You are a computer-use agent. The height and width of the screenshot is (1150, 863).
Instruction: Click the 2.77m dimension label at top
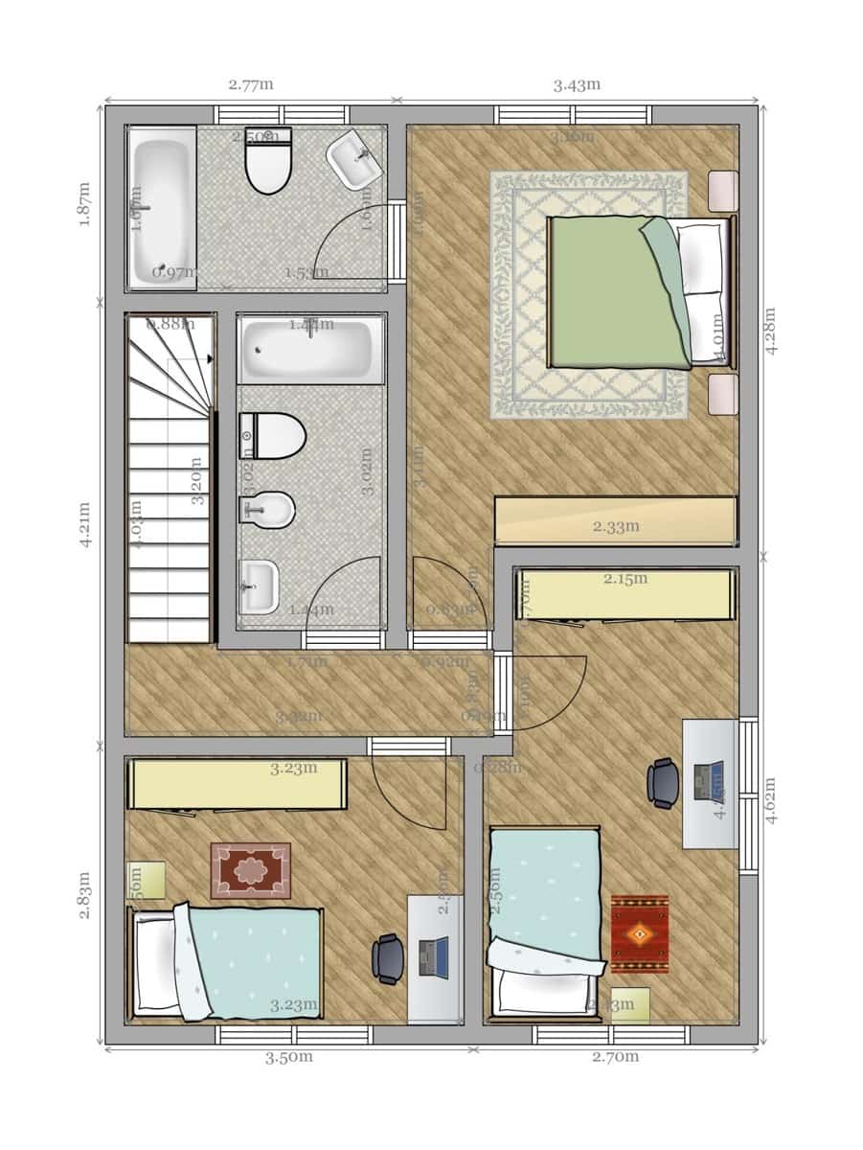coord(251,84)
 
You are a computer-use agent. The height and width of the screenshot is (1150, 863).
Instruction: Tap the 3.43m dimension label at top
coord(577,84)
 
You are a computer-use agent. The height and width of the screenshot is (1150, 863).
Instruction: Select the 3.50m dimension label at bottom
coord(289,1057)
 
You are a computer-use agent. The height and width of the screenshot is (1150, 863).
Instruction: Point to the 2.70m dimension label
coord(615,1057)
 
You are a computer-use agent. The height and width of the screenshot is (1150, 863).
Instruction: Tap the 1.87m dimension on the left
coord(84,204)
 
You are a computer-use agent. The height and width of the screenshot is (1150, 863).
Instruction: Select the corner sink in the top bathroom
coord(355,160)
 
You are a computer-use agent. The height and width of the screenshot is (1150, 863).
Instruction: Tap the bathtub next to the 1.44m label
coord(311,350)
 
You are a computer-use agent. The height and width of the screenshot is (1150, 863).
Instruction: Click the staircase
coord(170,479)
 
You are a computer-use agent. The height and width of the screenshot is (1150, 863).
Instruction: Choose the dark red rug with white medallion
coord(251,870)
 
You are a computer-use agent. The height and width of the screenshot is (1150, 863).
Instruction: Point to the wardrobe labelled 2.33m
coord(615,521)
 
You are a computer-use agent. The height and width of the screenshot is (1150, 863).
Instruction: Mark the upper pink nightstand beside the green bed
coord(722,191)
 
